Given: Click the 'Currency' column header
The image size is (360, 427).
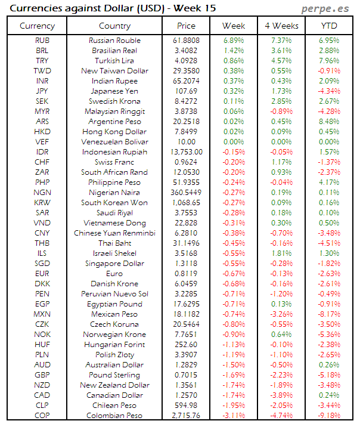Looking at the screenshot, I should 37,26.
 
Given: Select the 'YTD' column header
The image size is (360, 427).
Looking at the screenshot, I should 328,26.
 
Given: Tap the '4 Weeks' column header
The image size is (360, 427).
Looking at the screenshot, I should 281,26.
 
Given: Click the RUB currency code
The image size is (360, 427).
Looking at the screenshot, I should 42,41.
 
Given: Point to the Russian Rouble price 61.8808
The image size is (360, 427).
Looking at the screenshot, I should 186,41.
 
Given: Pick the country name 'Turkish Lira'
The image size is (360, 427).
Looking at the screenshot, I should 114,61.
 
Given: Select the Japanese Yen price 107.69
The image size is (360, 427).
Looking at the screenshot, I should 186,91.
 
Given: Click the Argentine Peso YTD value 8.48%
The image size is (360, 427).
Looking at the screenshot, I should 329,122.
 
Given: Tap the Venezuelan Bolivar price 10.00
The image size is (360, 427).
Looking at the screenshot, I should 186,142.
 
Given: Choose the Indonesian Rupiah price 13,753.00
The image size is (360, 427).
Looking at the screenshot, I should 186,152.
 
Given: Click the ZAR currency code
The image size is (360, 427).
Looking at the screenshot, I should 42,172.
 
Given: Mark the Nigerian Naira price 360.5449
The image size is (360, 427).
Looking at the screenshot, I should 186,193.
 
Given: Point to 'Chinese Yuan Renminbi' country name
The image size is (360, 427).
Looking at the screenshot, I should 114,233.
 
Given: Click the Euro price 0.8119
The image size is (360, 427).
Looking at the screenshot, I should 186,274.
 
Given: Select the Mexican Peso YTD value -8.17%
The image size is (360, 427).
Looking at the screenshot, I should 329,314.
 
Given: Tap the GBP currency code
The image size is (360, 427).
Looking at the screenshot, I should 42,375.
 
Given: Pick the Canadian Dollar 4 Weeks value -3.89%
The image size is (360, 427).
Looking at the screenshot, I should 281,395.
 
